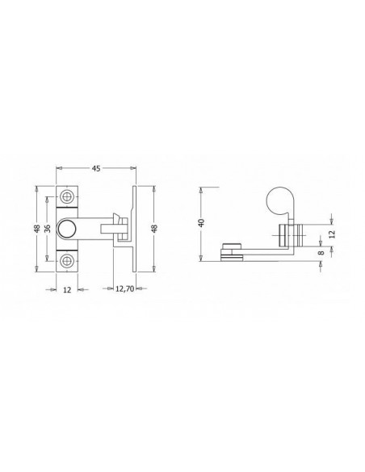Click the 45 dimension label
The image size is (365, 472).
pos(95,169)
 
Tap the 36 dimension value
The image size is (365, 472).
pos(48,229)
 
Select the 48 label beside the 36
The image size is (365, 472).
pos(37,229)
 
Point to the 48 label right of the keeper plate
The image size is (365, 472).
pos(154,229)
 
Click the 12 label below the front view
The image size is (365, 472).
pos(67,289)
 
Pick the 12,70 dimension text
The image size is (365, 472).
pos(124,289)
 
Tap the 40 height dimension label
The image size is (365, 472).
pos(201,223)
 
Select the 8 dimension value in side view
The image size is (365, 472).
pos(321,252)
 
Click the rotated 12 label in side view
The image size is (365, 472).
pos(331,234)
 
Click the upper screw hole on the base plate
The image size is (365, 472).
pos(66,197)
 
